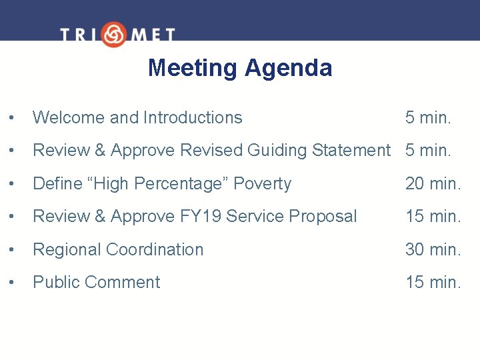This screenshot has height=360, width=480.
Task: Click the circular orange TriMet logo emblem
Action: tap(114, 34)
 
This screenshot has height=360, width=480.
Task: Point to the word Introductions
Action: tap(192, 118)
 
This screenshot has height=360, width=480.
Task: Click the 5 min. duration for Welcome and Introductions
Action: tap(428, 118)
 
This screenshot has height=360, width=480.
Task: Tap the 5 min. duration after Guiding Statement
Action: tap(428, 151)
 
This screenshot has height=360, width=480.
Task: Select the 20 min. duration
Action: tap(433, 184)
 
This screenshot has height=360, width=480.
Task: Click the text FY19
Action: tap(201, 217)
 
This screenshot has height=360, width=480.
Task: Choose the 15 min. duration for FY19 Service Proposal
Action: tap(433, 217)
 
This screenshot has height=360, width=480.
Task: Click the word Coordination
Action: tap(155, 250)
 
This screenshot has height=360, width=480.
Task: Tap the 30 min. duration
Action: tap(433, 250)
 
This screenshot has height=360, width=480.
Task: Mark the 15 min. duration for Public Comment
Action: tap(433, 283)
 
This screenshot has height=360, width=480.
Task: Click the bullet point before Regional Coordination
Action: tap(11, 250)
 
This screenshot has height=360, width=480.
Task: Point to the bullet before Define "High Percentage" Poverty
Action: tap(11, 184)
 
